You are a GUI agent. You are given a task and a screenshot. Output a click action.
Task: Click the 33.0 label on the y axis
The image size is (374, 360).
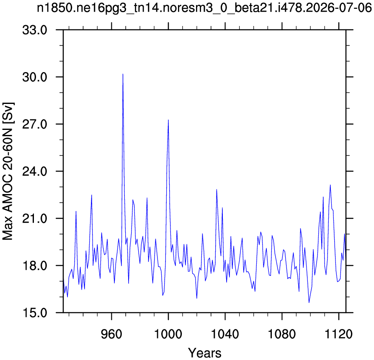click(x=35, y=30)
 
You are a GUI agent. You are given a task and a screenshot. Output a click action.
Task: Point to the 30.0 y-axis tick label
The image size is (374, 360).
click(x=35, y=78)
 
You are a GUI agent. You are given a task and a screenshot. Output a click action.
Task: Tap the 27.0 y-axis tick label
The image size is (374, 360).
click(x=35, y=124)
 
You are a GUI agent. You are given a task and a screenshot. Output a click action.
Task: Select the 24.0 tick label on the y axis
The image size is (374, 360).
click(x=35, y=171)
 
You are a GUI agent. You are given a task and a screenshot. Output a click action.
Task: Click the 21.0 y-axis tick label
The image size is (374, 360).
click(x=35, y=219)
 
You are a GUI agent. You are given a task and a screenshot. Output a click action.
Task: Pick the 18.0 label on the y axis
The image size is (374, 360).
click(x=35, y=266)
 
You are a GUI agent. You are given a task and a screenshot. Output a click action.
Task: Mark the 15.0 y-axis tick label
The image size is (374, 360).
click(x=35, y=313)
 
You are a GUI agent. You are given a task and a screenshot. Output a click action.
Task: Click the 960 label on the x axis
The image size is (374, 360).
click(x=111, y=334)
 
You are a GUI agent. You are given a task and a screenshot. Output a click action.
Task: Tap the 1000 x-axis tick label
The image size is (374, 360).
click(x=168, y=334)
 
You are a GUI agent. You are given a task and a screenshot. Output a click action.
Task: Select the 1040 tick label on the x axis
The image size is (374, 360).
click(x=225, y=334)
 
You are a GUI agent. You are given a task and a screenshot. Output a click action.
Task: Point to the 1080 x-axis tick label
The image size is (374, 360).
click(x=282, y=334)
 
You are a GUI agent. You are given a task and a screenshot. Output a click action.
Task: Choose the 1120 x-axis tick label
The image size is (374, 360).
click(x=339, y=334)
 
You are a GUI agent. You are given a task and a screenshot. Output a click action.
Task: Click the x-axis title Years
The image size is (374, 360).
click(x=205, y=353)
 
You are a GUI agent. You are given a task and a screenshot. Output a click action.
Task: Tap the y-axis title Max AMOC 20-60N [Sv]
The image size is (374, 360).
click(x=8, y=171)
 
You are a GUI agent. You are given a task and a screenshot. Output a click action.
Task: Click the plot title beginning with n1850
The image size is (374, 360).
click(x=204, y=8)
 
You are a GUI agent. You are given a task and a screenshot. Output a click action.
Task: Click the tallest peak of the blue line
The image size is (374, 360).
click(x=123, y=74)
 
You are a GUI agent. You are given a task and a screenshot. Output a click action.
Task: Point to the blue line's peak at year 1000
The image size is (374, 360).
click(x=168, y=120)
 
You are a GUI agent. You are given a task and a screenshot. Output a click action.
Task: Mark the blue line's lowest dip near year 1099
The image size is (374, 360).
click(x=309, y=303)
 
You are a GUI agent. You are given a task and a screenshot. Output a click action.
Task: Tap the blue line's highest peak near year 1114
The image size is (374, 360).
click(x=330, y=185)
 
